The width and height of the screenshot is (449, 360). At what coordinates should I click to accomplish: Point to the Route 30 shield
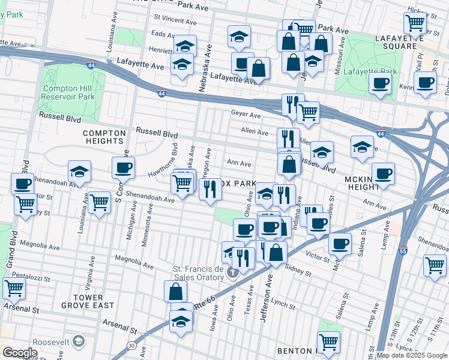click(x=131, y=344)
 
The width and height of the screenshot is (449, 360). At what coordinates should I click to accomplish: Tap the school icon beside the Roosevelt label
click(x=78, y=341)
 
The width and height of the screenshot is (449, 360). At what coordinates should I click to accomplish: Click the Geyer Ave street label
click(x=246, y=115)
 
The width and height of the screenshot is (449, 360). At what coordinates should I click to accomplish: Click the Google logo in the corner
click(x=20, y=352)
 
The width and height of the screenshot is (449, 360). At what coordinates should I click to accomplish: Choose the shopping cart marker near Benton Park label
click(x=328, y=342)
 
